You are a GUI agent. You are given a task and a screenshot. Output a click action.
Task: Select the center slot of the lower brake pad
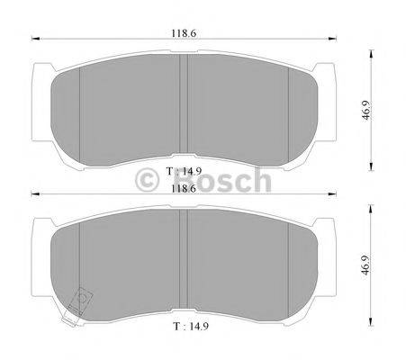183,261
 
